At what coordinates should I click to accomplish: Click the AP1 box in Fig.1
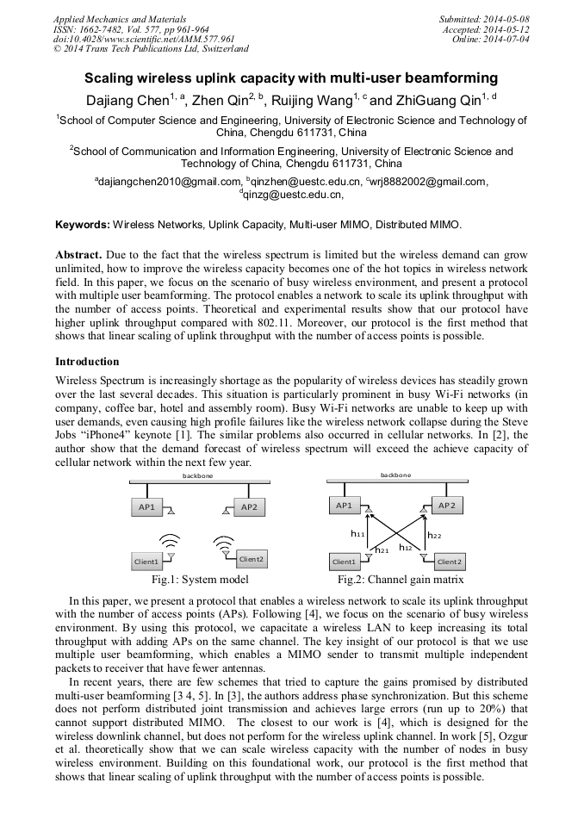tap(146, 507)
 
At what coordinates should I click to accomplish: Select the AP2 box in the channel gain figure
tap(450, 506)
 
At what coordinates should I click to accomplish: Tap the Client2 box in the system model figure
tap(251, 560)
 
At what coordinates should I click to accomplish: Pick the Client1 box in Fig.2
tap(345, 562)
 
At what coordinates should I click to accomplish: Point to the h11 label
tap(357, 534)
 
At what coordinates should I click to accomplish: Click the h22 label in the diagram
tap(435, 535)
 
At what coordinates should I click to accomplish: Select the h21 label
tap(382, 549)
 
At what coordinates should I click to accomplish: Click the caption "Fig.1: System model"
tap(200, 581)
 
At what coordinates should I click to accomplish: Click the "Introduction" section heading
tap(87, 362)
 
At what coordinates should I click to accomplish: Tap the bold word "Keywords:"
tap(83, 225)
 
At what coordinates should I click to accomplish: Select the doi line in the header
tap(144, 39)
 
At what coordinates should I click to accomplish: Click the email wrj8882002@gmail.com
tap(429, 182)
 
